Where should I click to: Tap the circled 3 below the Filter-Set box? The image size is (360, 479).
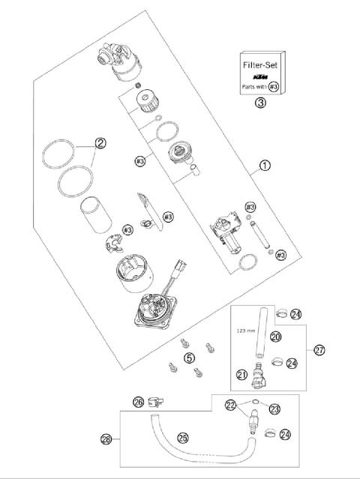pyautogui.click(x=260, y=103)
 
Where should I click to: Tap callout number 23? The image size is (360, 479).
pyautogui.click(x=274, y=409)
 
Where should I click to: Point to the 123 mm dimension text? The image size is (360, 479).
pyautogui.click(x=247, y=329)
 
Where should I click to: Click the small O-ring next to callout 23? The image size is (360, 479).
pyautogui.click(x=256, y=402)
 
